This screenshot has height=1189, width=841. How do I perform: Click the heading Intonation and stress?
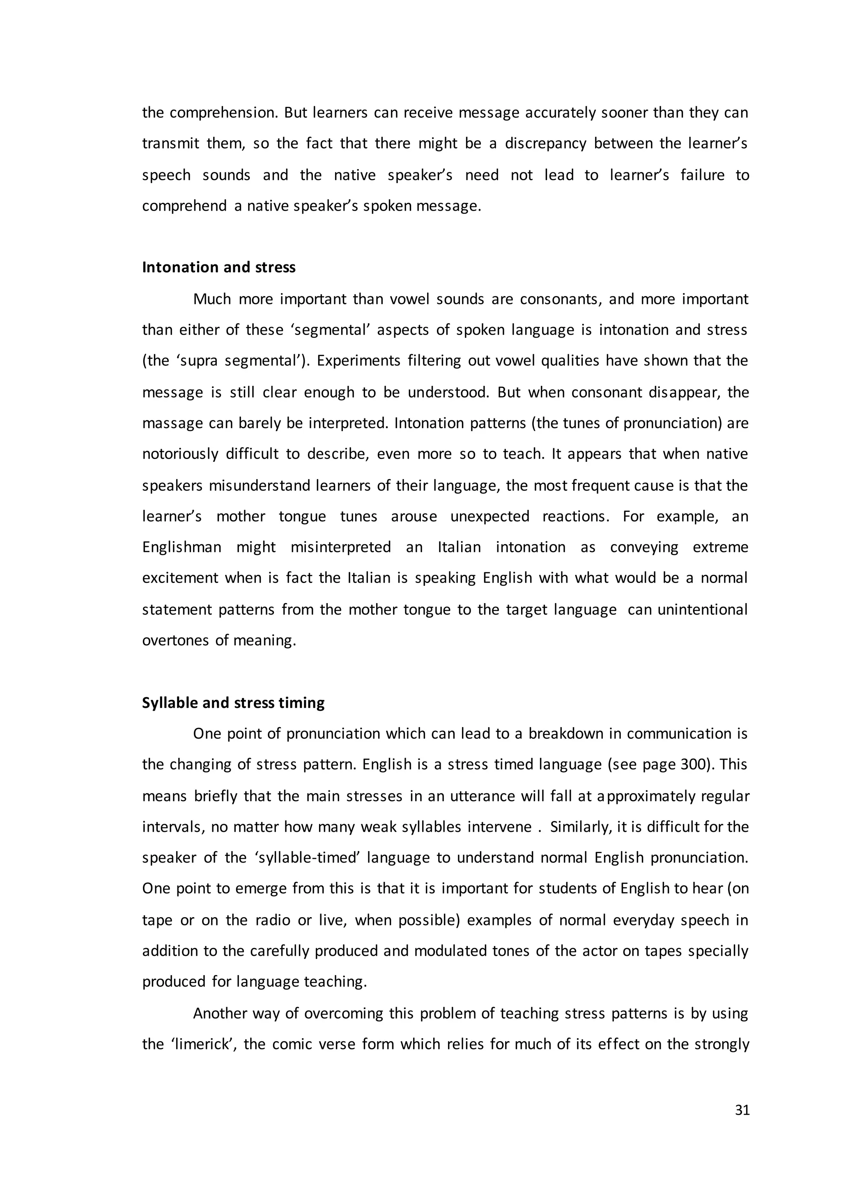point(218,267)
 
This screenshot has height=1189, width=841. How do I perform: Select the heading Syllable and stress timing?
point(233,703)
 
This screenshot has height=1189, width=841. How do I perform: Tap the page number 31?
point(742,1110)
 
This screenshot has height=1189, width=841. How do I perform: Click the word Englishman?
point(182,547)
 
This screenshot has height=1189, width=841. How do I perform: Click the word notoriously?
point(180,454)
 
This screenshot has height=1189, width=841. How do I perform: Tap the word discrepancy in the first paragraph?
point(545,143)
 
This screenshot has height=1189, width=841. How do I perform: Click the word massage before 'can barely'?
point(172,423)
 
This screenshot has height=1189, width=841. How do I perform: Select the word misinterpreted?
point(340,547)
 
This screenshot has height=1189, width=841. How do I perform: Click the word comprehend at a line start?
point(184,206)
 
